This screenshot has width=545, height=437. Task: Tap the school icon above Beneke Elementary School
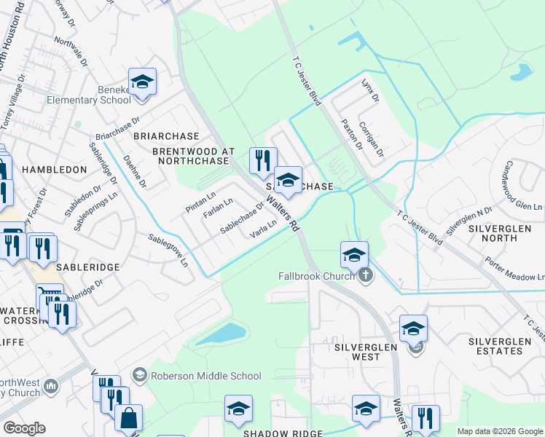(143, 82)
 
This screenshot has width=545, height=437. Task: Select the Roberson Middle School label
(205, 376)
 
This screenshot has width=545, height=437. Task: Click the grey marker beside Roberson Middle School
(139, 375)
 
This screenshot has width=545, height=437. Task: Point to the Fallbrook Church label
(316, 276)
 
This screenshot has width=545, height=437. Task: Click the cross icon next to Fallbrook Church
(365, 275)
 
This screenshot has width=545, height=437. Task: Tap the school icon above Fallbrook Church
(354, 255)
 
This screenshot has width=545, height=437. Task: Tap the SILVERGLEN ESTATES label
(506, 346)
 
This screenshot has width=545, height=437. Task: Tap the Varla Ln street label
(263, 230)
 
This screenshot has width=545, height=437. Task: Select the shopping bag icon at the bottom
(128, 419)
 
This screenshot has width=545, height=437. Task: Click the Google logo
(24, 428)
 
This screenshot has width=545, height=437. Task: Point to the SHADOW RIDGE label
(283, 433)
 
